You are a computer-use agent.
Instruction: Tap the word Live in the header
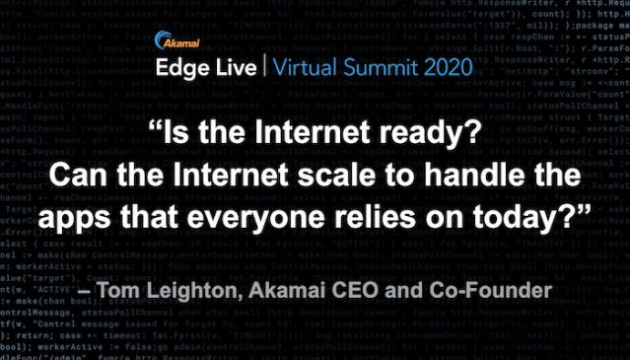tap(238, 69)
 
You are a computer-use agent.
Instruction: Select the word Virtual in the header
tap(314, 69)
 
